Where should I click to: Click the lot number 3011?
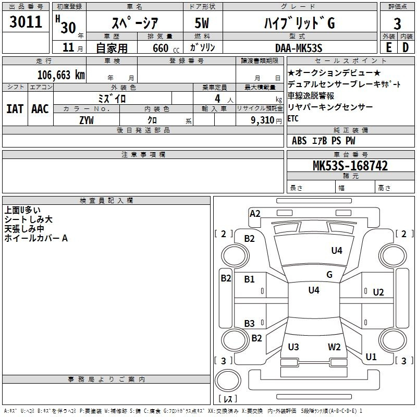pos(26,22)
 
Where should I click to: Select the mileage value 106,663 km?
pos(61,75)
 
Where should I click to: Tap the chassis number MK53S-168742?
pos(350,166)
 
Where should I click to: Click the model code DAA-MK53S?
pos(299,48)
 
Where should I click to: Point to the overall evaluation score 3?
pos(397,24)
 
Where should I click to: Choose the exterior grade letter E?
pos(389,47)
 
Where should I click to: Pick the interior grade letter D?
pos(406,47)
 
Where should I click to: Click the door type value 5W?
pos(202,23)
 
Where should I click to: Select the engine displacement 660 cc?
pos(166,48)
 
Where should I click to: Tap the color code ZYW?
pos(87,120)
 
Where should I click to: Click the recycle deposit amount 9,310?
pos(263,120)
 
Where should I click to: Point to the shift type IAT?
pos(15,109)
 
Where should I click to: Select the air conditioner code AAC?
pos(40,109)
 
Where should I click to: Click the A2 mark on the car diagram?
pos(255,214)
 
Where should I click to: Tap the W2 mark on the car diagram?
pos(334,347)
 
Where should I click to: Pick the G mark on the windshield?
pos(329,275)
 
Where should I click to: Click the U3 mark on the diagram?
pos(293,347)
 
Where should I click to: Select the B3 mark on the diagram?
pos(250,323)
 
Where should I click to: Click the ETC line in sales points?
pos(293,118)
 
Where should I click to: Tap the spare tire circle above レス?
pos(228,380)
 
